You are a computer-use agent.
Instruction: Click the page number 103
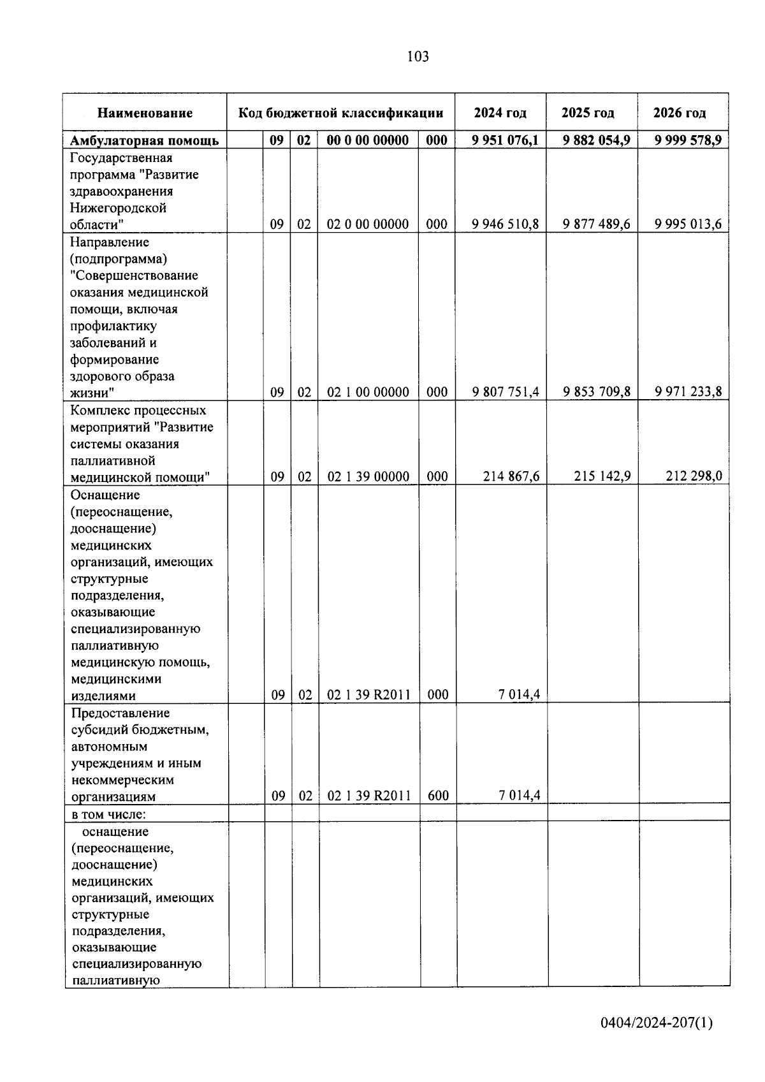pos(418,57)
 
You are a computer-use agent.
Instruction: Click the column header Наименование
pos(145,113)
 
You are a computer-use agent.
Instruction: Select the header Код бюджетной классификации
pos(340,113)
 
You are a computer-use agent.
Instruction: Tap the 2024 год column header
pos(500,113)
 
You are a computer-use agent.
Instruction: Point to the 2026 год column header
pos(679,113)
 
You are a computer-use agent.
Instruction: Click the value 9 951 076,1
pos(505,140)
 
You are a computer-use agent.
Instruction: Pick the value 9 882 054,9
pos(596,140)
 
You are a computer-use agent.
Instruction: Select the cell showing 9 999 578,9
pos(688,140)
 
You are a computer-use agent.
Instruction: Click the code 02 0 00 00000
pos(367,224)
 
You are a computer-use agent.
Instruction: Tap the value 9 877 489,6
pos(596,224)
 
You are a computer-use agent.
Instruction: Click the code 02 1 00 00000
pos(368,392)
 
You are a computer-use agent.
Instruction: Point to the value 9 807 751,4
pos(505,392)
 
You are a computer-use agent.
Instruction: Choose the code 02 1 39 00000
pos(368,476)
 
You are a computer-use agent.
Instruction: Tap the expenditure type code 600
pos(438,796)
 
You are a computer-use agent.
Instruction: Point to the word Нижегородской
pos(118,208)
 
